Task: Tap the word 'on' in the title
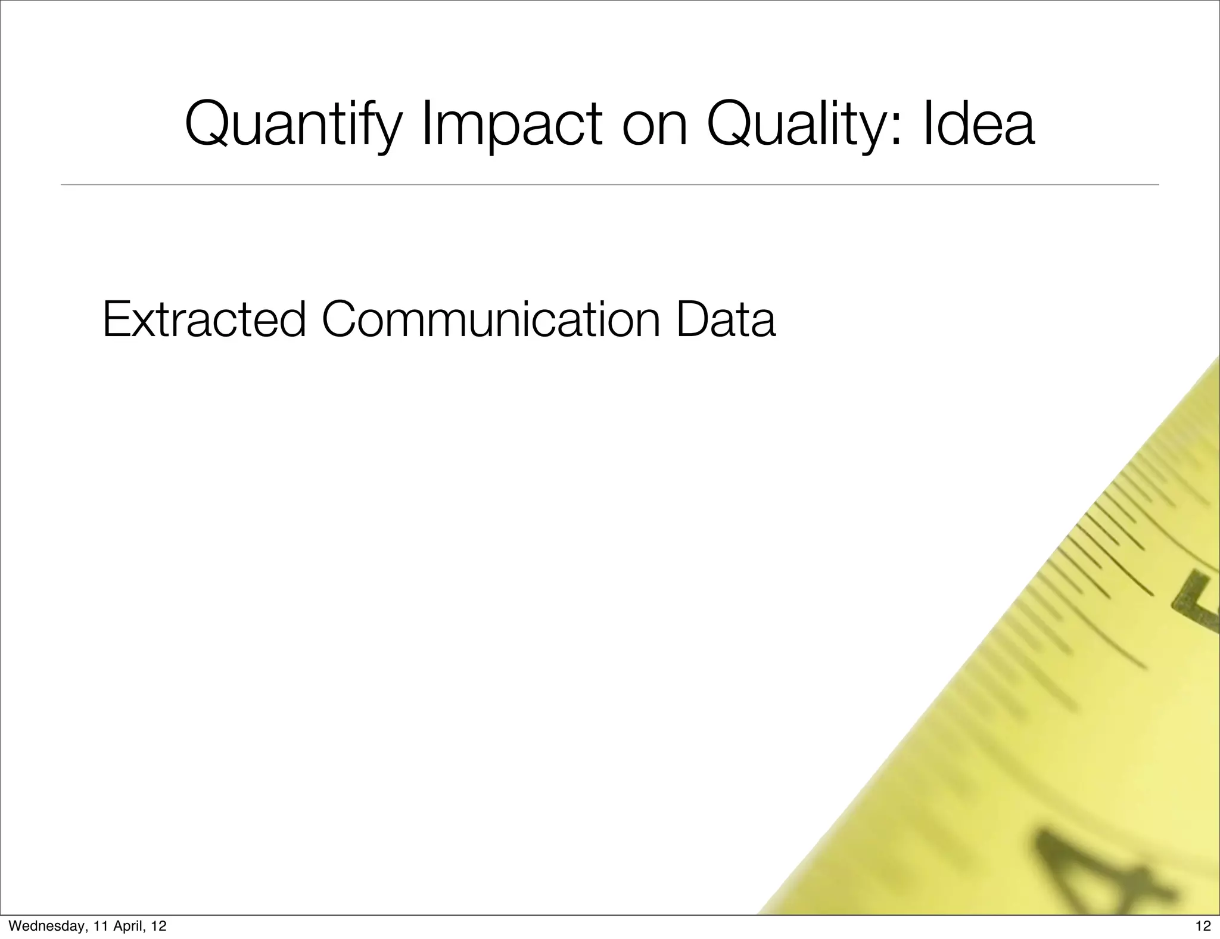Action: [x=655, y=126]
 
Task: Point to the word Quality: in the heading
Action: [x=804, y=126]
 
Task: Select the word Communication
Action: [x=491, y=320]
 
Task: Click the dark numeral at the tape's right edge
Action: [x=1197, y=602]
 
